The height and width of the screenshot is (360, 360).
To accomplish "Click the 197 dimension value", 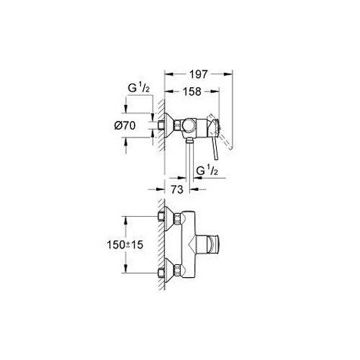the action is (199, 74).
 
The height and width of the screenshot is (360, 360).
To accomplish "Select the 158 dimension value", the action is (192, 91).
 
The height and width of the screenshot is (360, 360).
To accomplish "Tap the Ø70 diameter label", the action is (125, 125).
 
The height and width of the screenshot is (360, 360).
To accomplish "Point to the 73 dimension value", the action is (177, 189).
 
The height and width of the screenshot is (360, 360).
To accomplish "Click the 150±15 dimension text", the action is (125, 245).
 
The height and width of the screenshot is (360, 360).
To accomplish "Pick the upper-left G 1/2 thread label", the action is (139, 88).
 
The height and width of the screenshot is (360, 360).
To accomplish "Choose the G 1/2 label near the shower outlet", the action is (207, 171).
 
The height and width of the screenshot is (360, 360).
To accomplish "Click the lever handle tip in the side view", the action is (217, 158).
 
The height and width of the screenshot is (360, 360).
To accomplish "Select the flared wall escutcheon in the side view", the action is (169, 125).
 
